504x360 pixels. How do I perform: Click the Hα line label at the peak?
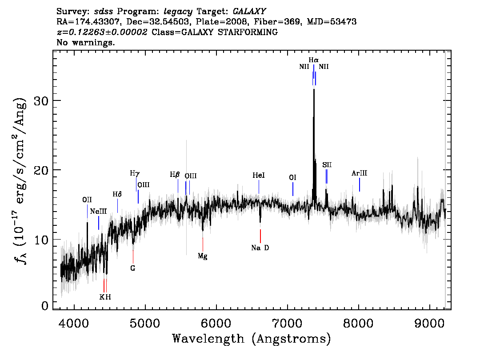[x=313, y=60]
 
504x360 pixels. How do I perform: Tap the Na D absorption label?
[x=260, y=248]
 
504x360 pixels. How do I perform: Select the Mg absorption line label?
[x=203, y=256]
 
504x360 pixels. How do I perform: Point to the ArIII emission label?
[x=359, y=173]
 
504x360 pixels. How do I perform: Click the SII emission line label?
[x=327, y=165]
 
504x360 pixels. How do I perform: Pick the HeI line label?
[x=259, y=175]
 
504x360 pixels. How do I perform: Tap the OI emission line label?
[x=292, y=177]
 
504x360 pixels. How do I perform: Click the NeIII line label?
[x=98, y=212]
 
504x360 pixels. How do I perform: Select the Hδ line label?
[x=117, y=194]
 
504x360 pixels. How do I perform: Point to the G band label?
[x=133, y=268]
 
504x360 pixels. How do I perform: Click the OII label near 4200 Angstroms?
[x=87, y=200]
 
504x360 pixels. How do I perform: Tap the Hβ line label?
[x=175, y=175]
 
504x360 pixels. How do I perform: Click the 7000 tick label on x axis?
[x=288, y=323]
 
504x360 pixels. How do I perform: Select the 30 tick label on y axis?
[x=41, y=100]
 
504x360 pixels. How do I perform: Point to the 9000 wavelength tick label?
[x=429, y=323]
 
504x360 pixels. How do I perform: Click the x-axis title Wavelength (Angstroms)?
[x=252, y=339]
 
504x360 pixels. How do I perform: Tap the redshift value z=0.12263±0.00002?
[x=102, y=32]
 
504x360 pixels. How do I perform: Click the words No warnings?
[x=85, y=42]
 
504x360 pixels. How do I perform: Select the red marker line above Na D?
[x=260, y=236]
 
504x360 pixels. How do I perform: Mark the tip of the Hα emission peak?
[x=314, y=89]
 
